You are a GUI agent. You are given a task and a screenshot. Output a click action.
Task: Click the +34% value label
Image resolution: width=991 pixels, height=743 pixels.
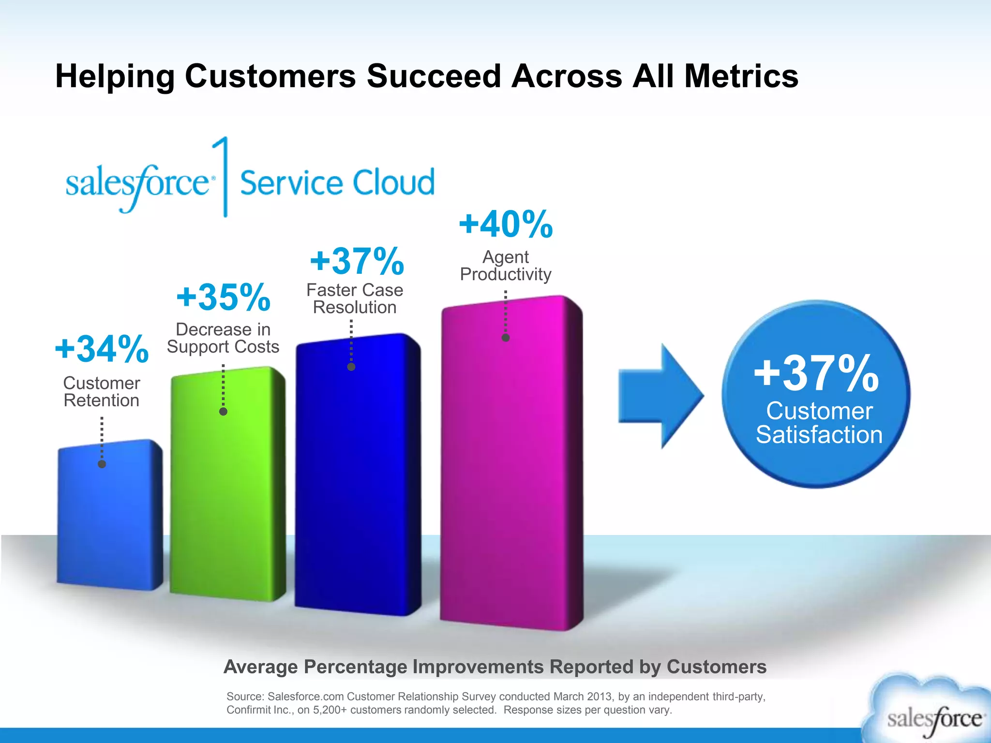pos(102,349)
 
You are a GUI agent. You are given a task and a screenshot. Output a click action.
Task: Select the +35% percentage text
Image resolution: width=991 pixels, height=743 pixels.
pos(223,297)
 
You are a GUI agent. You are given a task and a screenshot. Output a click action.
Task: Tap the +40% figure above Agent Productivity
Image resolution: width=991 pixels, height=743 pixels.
pos(506,224)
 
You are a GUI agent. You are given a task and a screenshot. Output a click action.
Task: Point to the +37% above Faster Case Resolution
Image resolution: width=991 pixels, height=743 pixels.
pos(357,261)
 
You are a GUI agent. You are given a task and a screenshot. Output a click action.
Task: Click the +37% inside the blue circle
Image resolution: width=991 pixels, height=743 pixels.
pos(816,373)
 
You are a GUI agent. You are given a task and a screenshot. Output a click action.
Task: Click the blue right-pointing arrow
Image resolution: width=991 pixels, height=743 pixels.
pos(661,396)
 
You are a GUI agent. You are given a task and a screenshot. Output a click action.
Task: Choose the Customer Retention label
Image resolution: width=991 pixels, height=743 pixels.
pos(102,391)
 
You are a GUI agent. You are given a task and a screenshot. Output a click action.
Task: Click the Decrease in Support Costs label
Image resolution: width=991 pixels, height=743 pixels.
pos(223,338)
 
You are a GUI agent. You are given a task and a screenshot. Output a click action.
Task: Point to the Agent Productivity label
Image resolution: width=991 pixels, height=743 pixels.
pos(506,265)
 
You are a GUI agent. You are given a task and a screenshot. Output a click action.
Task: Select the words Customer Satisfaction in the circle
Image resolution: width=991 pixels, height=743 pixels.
pos(819,423)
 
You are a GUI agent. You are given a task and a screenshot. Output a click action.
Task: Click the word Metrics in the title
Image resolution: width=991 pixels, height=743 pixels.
pos(741,76)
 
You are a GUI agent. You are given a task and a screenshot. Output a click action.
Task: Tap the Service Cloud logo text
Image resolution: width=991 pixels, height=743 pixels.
pos(337,183)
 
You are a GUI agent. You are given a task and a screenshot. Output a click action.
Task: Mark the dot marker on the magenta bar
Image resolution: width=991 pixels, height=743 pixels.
pos(506,338)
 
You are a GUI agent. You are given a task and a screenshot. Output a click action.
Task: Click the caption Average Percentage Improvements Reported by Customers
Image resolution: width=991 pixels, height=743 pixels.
pos(495,667)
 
